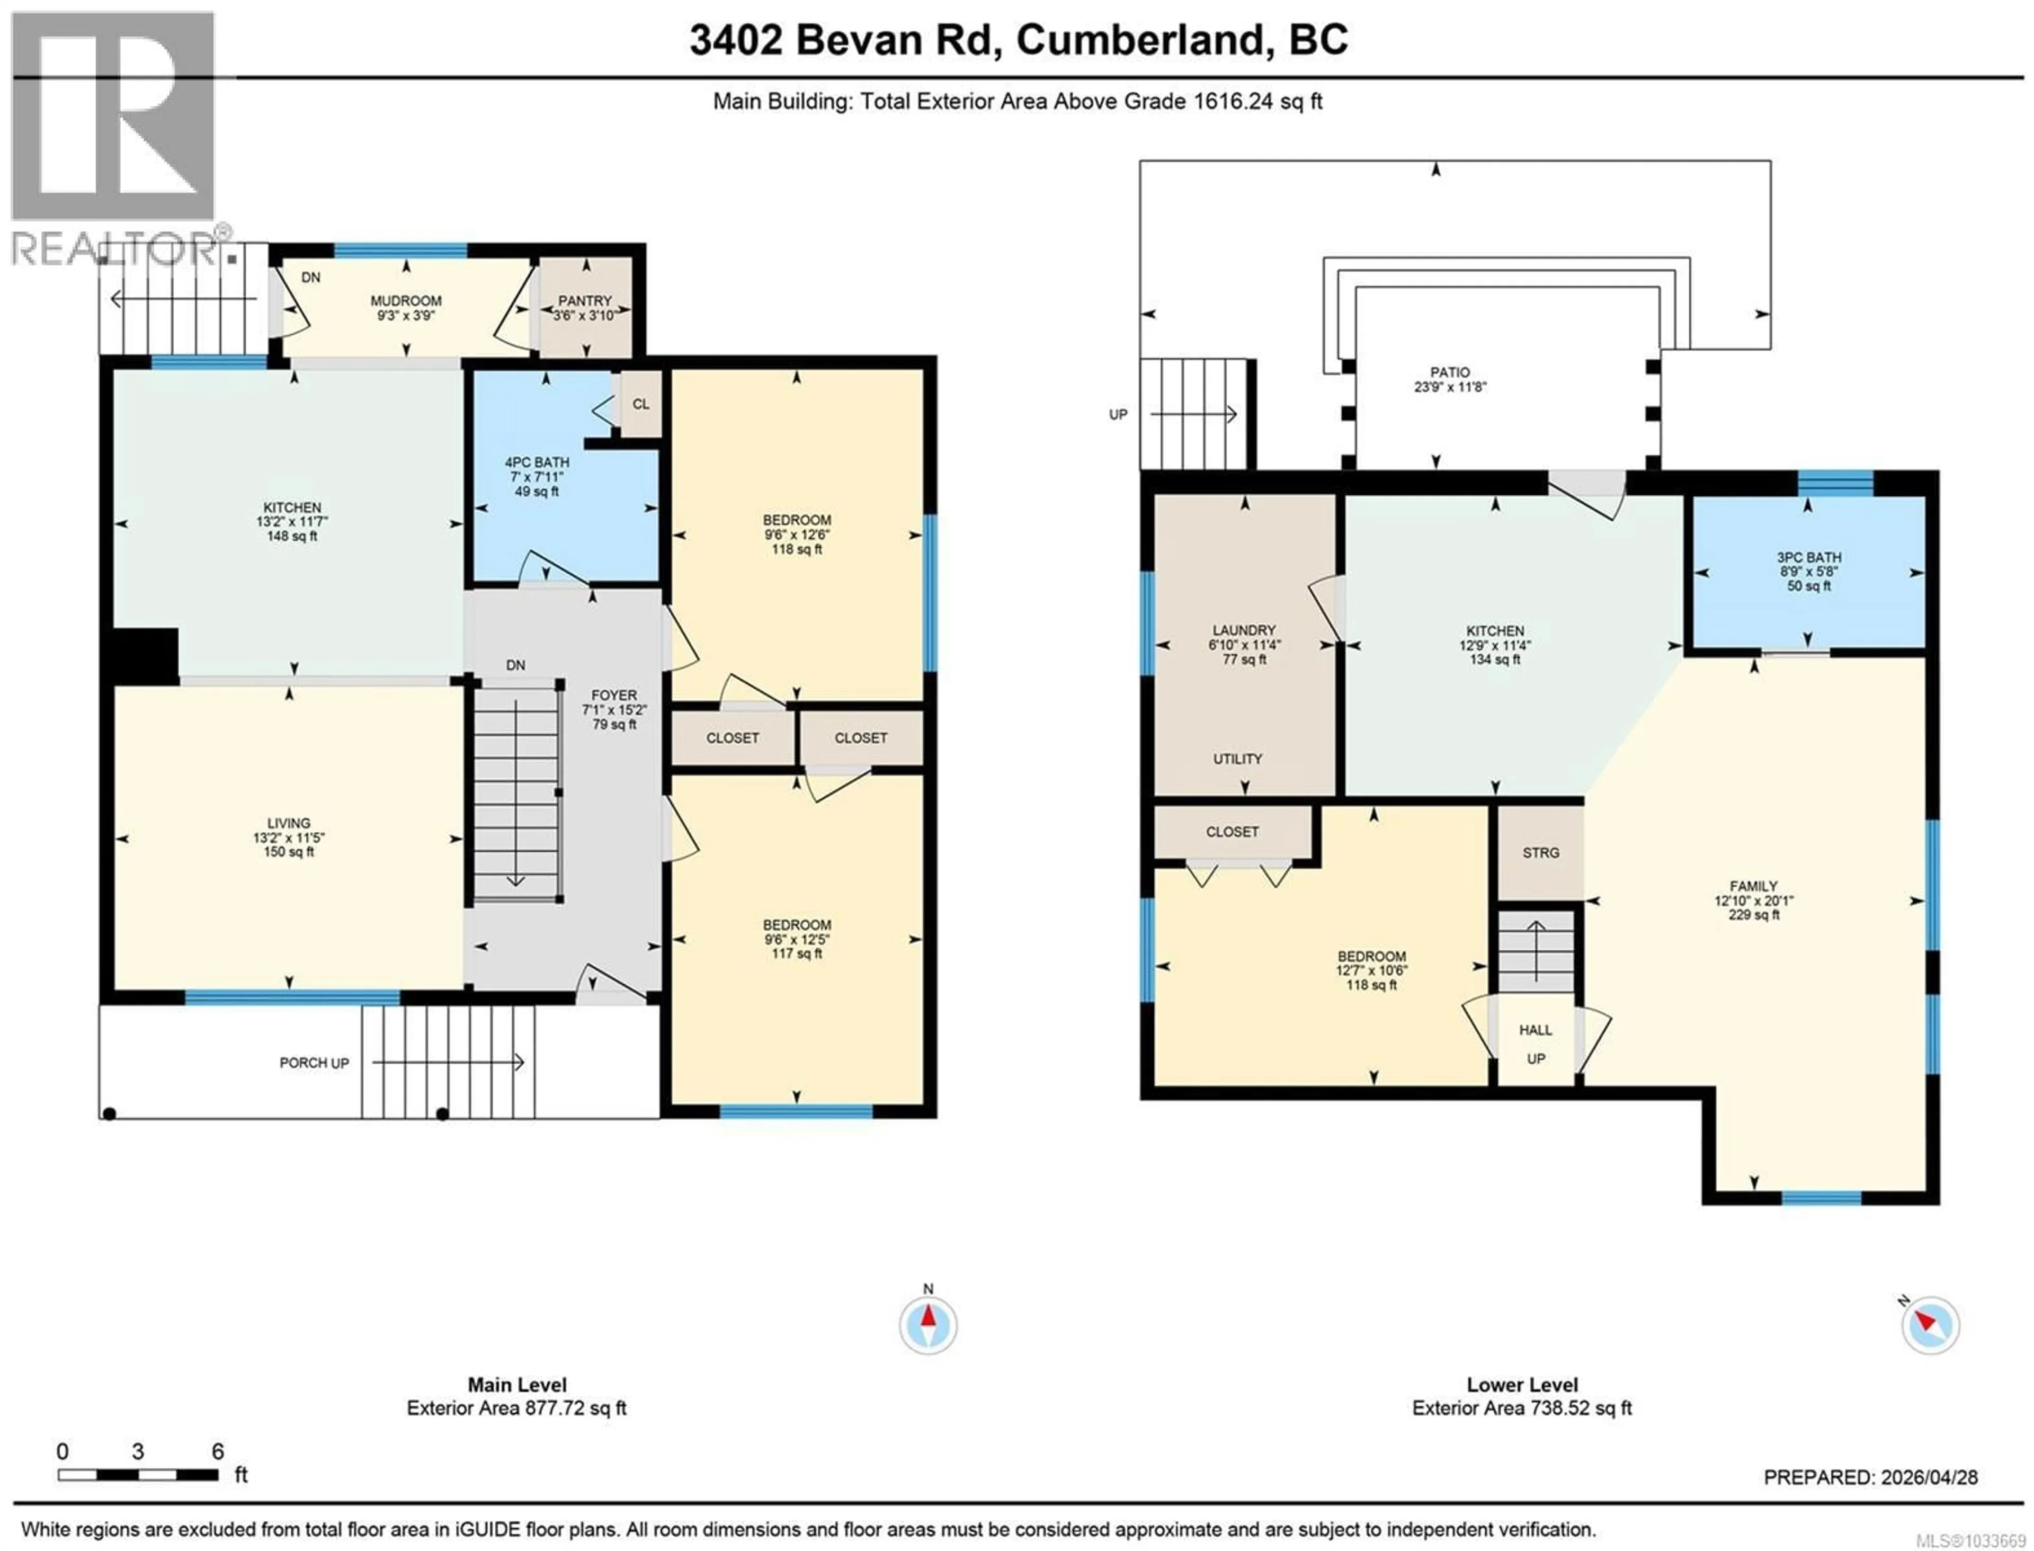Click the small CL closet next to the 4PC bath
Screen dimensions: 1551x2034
(x=641, y=404)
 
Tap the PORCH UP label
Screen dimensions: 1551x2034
(x=314, y=1063)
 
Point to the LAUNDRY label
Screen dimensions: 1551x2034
(x=1244, y=630)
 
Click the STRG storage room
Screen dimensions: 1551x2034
(x=1540, y=853)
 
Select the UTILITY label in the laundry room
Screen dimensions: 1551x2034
(x=1237, y=759)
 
